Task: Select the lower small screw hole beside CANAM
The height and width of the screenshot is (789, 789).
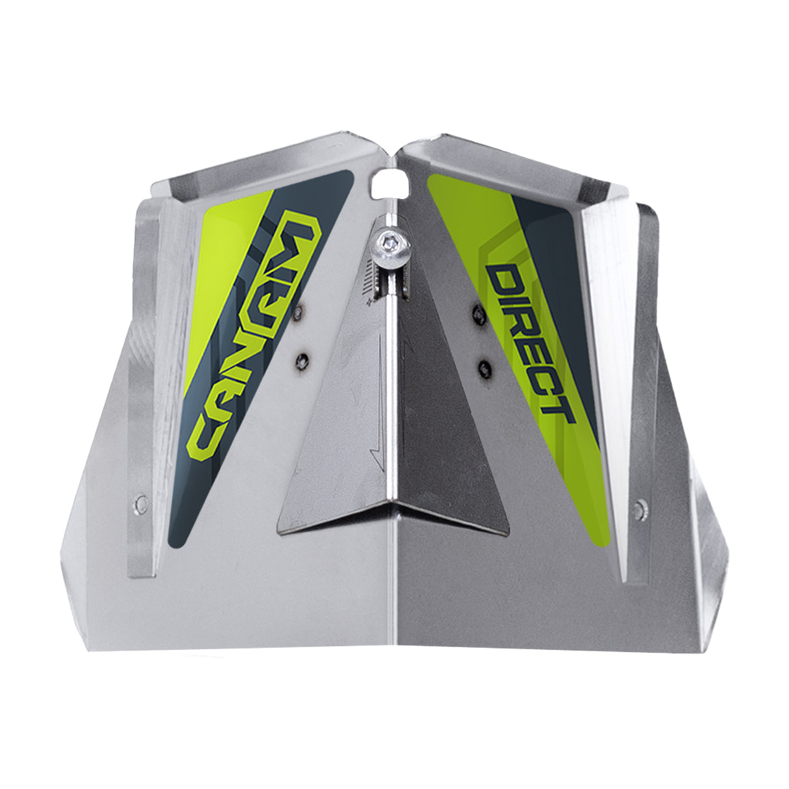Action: [302, 359]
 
